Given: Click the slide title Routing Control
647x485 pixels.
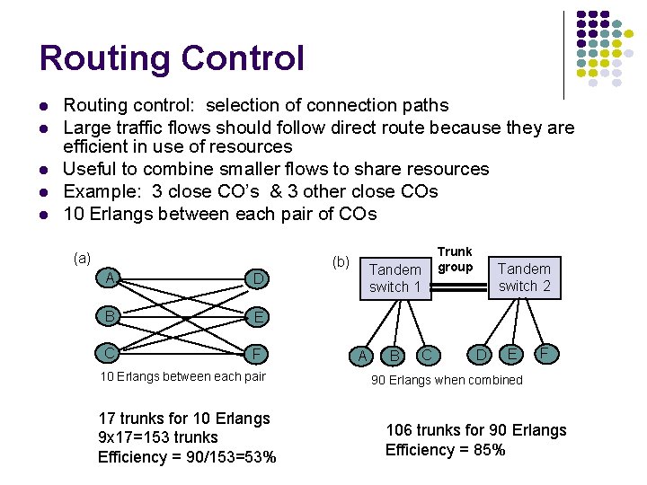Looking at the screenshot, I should tap(172, 58).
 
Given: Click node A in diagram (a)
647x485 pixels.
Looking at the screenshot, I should tap(111, 278).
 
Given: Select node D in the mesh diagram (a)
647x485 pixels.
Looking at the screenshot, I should tap(258, 279).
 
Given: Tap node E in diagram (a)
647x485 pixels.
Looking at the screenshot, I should tap(258, 316).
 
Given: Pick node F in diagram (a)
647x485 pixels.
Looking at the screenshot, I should tap(258, 352).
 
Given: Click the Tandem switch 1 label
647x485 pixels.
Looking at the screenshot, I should tap(395, 278).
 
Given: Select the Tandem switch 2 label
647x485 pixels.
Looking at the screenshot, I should tap(524, 277).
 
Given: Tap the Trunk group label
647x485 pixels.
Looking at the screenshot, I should tap(455, 260).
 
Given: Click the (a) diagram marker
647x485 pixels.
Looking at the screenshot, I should tap(82, 258).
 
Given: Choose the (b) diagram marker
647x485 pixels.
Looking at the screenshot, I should tap(341, 262).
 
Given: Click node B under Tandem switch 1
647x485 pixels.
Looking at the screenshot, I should tap(394, 357).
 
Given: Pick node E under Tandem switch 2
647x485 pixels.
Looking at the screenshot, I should tap(512, 354).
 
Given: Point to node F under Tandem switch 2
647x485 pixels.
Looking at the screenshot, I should tap(544, 354).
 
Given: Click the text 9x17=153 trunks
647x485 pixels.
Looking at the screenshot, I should tap(158, 437).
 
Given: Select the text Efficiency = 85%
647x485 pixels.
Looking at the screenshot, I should tap(445, 450).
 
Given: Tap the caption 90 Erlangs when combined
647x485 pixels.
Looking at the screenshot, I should tap(447, 380).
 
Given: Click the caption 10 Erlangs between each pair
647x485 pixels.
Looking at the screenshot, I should tap(182, 376).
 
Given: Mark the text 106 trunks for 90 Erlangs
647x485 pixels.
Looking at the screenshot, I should tap(476, 430).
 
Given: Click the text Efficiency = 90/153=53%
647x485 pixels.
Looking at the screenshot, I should tap(187, 457).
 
